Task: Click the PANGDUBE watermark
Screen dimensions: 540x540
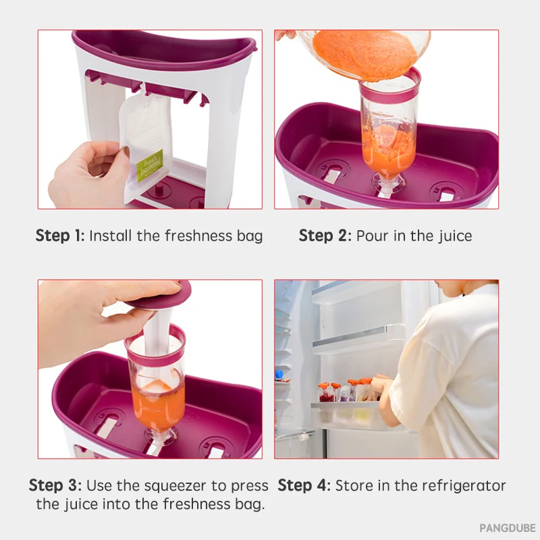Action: point(508,528)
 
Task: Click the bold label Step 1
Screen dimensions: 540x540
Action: point(59,236)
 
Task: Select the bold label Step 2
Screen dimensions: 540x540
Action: point(325,236)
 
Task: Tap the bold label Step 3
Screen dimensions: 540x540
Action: point(55,485)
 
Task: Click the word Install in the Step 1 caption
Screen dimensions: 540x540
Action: point(111,236)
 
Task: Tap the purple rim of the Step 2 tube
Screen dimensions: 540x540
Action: point(390,88)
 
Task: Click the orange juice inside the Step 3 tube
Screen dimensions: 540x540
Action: point(158,404)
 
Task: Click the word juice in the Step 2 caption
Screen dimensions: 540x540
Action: point(455,236)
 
